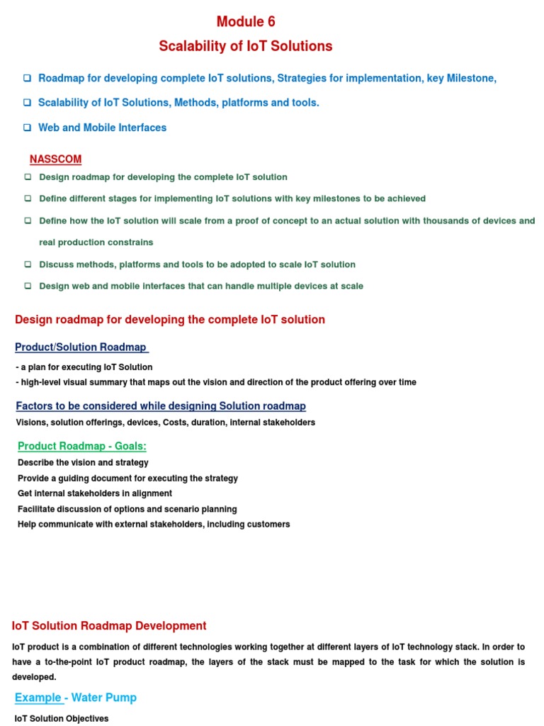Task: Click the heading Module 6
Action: pyautogui.click(x=246, y=22)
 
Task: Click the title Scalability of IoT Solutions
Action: pyautogui.click(x=246, y=46)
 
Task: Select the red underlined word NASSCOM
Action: pyautogui.click(x=55, y=159)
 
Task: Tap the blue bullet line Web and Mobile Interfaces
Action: pyautogui.click(x=102, y=128)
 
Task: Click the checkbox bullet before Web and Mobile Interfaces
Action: pyautogui.click(x=27, y=128)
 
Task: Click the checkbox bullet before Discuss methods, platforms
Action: pyautogui.click(x=28, y=264)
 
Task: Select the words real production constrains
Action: pyautogui.click(x=96, y=242)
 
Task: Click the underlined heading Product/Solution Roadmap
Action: pyautogui.click(x=81, y=347)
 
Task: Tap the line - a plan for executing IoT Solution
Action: pyautogui.click(x=84, y=367)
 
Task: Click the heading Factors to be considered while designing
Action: pyautogui.click(x=161, y=406)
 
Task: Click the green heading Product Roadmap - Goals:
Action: pyautogui.click(x=82, y=446)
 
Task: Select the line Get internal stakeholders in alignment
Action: pyautogui.click(x=95, y=493)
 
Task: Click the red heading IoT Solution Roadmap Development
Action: pyautogui.click(x=109, y=626)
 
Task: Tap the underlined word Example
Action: pyautogui.click(x=38, y=698)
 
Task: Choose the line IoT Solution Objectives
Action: pyautogui.click(x=62, y=718)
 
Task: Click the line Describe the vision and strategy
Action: pyautogui.click(x=83, y=462)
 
